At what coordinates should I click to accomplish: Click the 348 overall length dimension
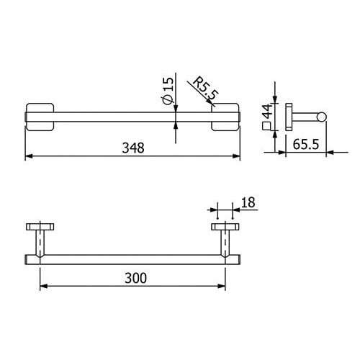tap(133, 148)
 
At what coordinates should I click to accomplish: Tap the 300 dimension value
tap(135, 278)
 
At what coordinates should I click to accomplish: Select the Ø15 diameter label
tap(168, 91)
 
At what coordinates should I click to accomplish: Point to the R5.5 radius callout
tap(206, 89)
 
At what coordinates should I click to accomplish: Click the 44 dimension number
tap(268, 111)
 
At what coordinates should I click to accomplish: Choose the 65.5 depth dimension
tap(306, 145)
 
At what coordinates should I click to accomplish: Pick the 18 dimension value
tap(248, 202)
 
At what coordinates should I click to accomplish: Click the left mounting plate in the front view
tap(40, 117)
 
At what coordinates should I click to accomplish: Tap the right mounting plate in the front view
tap(225, 117)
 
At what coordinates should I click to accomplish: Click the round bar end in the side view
tap(321, 117)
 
